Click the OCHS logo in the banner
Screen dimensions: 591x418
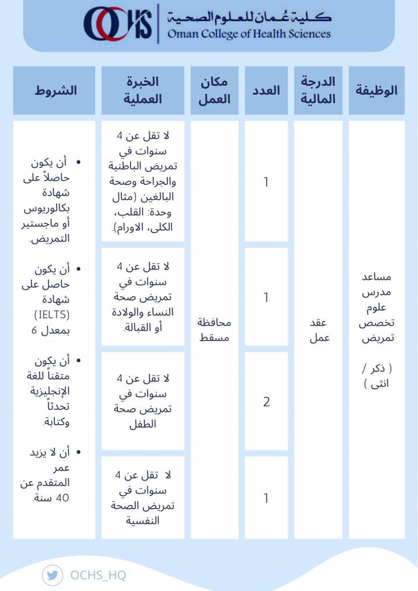pos(118,24)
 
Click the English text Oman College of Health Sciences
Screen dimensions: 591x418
pos(249,33)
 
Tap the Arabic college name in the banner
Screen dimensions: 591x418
pos(249,16)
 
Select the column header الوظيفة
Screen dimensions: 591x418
pos(376,90)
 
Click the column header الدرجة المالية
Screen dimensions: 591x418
pos(318,90)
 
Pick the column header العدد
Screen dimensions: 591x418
pos(266,90)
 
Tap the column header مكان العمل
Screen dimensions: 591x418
pos(214,90)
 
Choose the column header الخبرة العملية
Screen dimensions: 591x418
pos(143,90)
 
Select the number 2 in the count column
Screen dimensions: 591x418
pos(266,402)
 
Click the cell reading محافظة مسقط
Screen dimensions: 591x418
pos(214,330)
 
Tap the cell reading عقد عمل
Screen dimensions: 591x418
pos(318,330)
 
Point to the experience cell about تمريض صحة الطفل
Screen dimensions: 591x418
pos(143,401)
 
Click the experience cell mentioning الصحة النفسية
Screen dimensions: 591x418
pos(143,498)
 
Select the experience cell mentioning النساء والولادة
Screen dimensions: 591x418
pos(143,297)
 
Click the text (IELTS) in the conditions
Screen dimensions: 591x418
pos(51,315)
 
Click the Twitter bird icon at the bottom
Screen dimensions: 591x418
pos(53,575)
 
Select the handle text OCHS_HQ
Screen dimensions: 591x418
pos(98,575)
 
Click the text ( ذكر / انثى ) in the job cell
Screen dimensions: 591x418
pos(376,376)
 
